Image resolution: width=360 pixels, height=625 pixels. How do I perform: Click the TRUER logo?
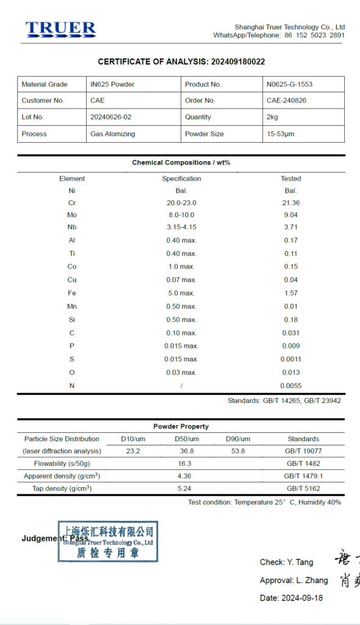coord(60,29)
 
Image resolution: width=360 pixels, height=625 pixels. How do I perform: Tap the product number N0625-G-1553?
coord(289,84)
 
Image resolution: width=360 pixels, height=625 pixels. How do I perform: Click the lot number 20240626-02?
coord(110,117)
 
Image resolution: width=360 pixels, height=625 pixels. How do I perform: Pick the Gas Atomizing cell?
coord(113,134)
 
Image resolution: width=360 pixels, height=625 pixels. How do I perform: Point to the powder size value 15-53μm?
coord(280,134)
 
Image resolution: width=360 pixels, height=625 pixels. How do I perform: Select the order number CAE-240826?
coord(287,101)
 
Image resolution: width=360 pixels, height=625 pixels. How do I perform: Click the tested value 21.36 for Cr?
coord(291,203)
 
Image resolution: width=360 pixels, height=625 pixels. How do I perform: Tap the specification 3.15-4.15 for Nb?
coord(181,227)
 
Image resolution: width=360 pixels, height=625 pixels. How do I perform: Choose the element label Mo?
coord(72,215)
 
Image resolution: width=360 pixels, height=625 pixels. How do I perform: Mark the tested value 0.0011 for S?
coord(290,359)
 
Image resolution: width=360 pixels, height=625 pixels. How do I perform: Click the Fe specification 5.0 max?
coord(181,293)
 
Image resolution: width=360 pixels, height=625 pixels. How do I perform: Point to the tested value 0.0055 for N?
coord(290,386)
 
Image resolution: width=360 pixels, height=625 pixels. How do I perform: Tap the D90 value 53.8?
coord(237,451)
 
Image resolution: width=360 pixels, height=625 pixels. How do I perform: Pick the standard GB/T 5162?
coord(303,488)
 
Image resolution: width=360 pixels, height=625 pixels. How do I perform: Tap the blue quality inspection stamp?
coord(108,541)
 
